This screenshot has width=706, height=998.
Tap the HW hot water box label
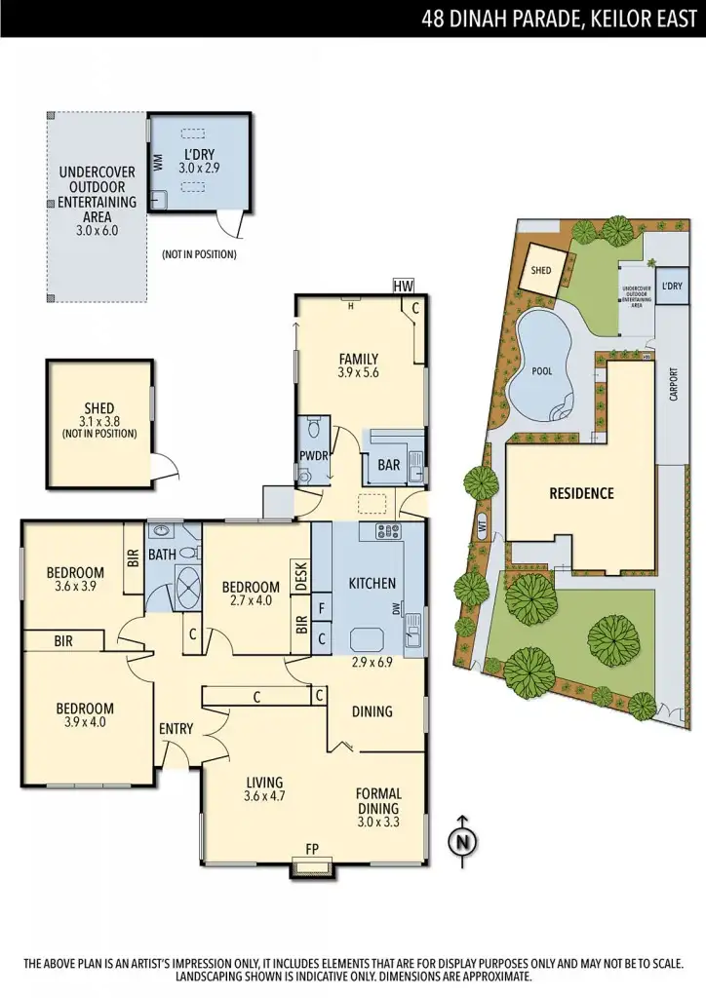[403, 286]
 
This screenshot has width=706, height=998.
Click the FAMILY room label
[358, 359]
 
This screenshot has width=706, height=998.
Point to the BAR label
[389, 466]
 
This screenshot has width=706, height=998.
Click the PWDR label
[313, 456]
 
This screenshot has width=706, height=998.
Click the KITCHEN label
[373, 584]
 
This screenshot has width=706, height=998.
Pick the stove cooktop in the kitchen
[389, 531]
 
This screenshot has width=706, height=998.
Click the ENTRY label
[176, 728]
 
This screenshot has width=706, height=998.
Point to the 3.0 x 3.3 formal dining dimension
[378, 822]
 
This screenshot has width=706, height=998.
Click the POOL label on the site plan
[541, 371]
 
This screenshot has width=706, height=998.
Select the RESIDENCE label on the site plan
[581, 493]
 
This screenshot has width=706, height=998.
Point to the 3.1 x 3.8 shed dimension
[99, 421]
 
